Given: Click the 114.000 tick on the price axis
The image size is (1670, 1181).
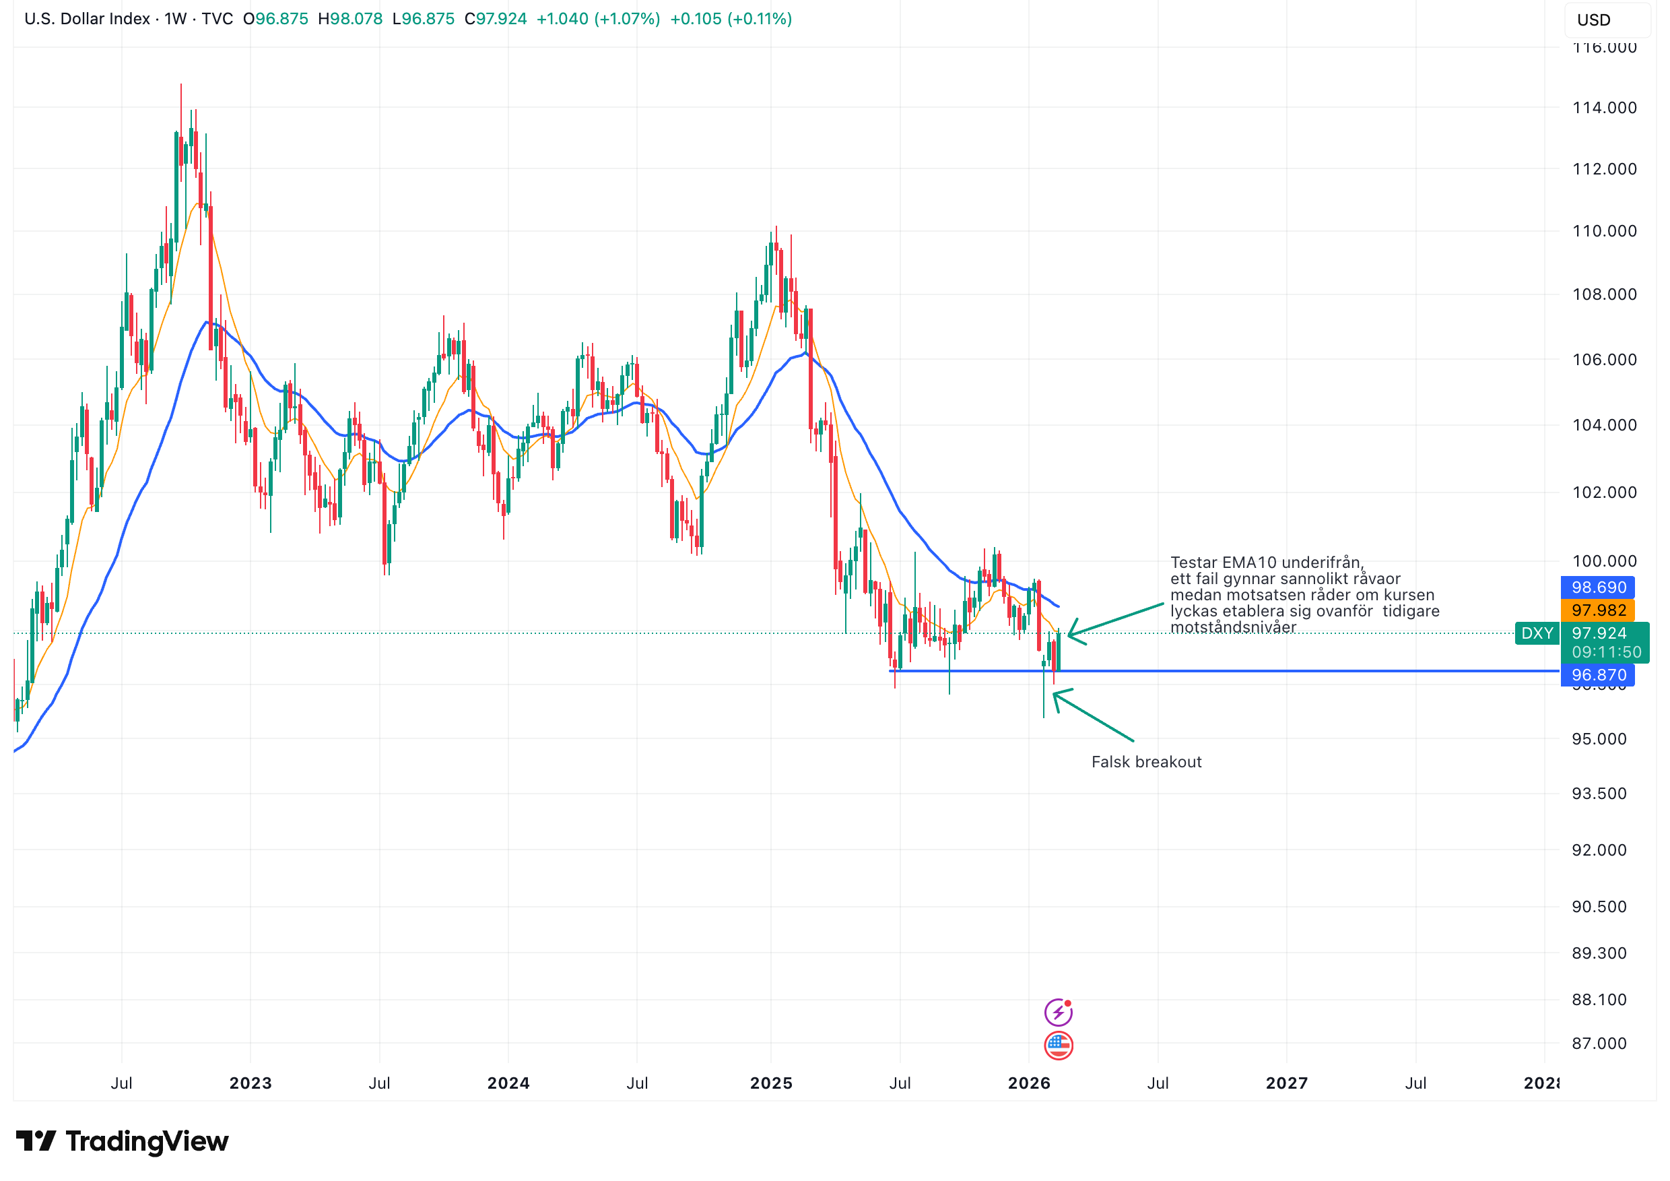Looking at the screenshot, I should (1604, 108).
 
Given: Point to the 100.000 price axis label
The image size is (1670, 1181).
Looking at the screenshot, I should (1604, 561).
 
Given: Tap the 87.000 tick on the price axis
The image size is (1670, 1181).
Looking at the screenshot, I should (1599, 1044).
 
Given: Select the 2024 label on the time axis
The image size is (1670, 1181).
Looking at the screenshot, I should (508, 1083).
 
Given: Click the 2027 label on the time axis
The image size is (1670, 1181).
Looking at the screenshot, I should (1286, 1083).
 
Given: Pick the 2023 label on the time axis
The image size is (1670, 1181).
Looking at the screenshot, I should (250, 1083).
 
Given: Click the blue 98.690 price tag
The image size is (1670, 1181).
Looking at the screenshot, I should (1598, 587).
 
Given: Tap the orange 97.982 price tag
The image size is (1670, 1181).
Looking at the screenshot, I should (1598, 610).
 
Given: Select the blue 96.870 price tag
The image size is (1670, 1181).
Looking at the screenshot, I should (1598, 674).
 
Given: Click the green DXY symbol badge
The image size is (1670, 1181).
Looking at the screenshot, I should (1537, 633).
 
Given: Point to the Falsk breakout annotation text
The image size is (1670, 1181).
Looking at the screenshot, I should (1146, 762).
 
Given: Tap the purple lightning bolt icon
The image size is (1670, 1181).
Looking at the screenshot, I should (1059, 1011).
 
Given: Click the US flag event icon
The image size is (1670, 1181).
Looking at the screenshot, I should (1059, 1045).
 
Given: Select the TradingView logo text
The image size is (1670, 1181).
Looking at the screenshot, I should (146, 1141).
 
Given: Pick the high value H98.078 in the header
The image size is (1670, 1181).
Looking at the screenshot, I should (350, 19).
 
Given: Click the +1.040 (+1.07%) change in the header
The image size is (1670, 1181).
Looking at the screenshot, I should (598, 19).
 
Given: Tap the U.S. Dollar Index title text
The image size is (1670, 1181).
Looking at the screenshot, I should (87, 19).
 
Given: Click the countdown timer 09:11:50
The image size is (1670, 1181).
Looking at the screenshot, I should (1606, 652).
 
